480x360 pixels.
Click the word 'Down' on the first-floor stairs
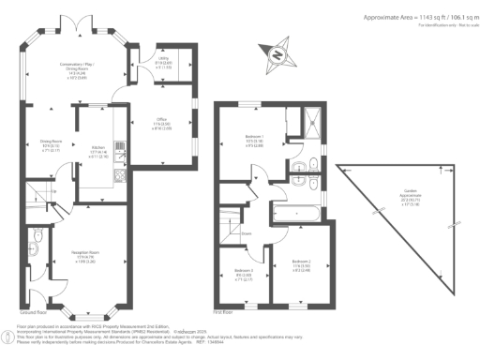[246, 232]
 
